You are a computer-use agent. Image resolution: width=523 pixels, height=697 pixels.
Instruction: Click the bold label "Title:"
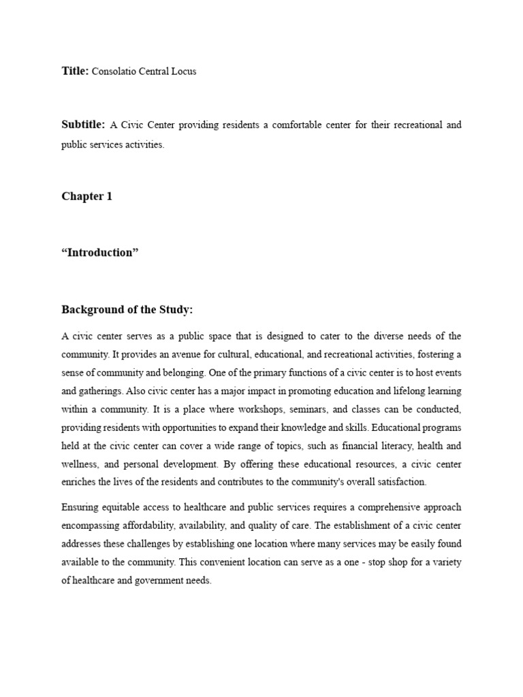tap(75, 71)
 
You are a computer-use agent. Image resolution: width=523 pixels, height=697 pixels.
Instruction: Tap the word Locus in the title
tap(184, 71)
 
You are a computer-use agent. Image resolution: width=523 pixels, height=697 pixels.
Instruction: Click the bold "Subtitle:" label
tap(83, 125)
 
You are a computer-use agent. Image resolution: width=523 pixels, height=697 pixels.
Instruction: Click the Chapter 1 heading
tap(87, 196)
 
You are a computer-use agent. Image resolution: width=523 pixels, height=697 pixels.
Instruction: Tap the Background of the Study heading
tap(127, 310)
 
